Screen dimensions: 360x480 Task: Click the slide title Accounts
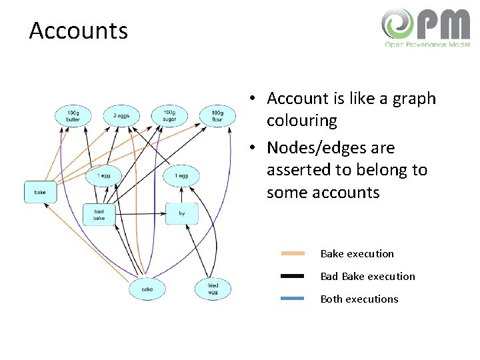78,31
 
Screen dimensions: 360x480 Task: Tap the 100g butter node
73,116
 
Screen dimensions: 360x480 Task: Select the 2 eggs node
121,116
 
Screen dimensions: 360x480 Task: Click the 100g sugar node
169,116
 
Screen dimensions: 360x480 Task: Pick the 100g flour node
217,116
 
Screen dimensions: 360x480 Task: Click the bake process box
40,192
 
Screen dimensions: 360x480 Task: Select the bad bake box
99,215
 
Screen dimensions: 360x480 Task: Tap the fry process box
181,214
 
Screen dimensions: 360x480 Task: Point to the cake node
147,289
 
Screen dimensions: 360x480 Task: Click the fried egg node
213,289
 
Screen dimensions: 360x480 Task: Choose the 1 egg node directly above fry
181,176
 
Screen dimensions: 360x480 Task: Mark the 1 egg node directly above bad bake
103,176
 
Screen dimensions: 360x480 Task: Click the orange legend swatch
293,253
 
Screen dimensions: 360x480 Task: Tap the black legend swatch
293,276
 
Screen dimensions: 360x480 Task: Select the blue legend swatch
293,299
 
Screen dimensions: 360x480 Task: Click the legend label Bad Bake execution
367,276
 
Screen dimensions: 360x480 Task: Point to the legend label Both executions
359,299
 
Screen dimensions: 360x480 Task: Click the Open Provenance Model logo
425,28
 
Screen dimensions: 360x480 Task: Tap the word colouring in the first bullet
302,121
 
